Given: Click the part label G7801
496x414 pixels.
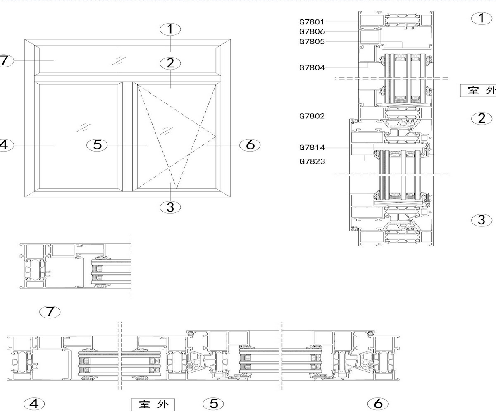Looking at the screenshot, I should [x=312, y=22].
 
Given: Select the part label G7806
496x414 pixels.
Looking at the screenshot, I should [x=312, y=31].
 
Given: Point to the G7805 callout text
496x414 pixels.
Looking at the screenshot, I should [x=312, y=42].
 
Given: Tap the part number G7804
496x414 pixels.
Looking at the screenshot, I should [x=312, y=68].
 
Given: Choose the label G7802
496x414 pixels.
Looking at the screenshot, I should [x=312, y=116].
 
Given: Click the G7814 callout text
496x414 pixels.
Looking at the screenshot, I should [x=312, y=148].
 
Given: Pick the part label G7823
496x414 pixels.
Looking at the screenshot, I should [x=312, y=161].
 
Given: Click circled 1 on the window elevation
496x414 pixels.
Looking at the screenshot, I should [x=171, y=29].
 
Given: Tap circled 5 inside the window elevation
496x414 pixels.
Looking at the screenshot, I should [x=97, y=145].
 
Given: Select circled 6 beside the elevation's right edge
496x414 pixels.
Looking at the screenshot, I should [x=250, y=145].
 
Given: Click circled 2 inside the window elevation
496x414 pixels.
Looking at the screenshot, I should [x=171, y=63].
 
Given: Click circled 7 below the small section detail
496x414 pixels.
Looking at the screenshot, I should [x=50, y=311].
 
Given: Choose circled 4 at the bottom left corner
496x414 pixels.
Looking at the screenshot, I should [x=34, y=403].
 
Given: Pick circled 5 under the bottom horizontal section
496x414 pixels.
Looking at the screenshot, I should [x=213, y=403].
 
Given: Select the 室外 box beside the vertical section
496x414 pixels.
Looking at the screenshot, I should [x=479, y=90].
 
